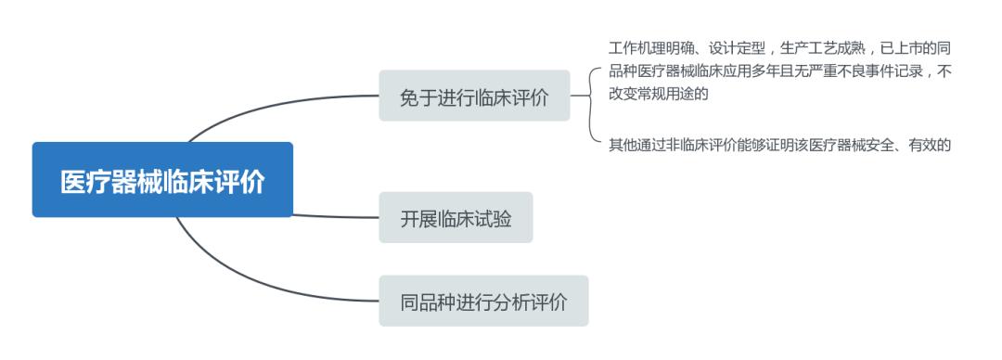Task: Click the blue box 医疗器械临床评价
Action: tap(162, 180)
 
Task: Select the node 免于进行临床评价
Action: tap(474, 96)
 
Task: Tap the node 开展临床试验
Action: tap(456, 217)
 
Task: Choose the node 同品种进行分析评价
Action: tap(483, 301)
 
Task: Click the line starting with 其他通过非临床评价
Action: tap(779, 144)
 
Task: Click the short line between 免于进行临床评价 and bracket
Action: tap(580, 96)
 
